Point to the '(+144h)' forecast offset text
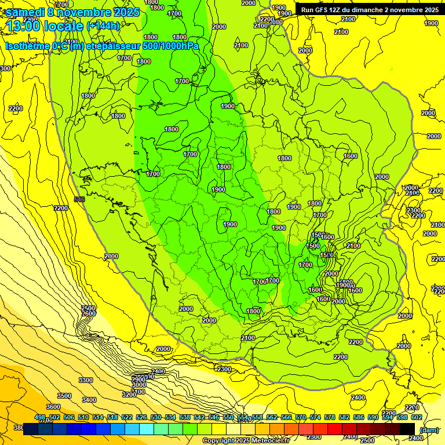(x=103, y=26)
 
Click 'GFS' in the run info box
(x=324, y=10)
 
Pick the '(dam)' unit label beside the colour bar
(x=428, y=430)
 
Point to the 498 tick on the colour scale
(x=40, y=417)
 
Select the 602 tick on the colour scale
(x=417, y=417)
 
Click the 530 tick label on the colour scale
(x=156, y=417)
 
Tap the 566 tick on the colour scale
(x=286, y=417)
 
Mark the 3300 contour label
(x=85, y=380)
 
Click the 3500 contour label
(x=64, y=396)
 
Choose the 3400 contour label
(x=89, y=400)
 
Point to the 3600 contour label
(x=53, y=407)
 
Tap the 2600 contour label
(x=88, y=314)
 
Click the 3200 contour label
(x=129, y=394)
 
